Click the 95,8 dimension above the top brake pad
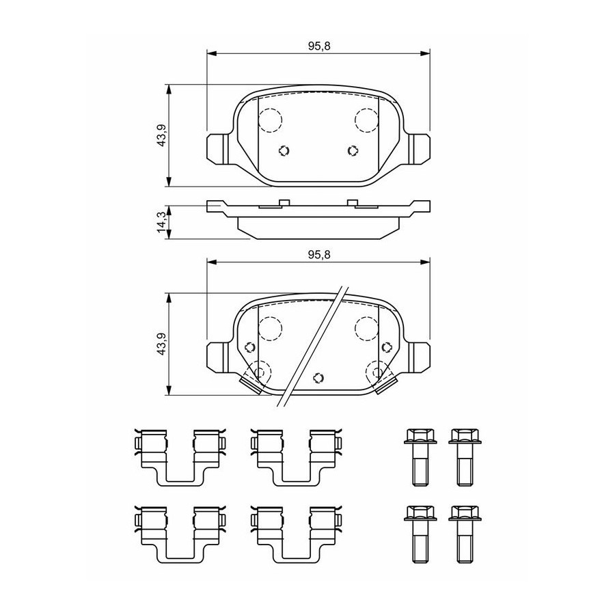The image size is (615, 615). click(319, 46)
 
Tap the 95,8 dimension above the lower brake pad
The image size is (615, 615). click(319, 255)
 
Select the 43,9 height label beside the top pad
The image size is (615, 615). click(161, 136)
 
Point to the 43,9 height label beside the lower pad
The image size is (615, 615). click(161, 344)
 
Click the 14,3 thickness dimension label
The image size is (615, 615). click(161, 222)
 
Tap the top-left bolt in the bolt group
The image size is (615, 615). click(420, 457)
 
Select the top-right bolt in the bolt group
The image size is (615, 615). click(465, 457)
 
